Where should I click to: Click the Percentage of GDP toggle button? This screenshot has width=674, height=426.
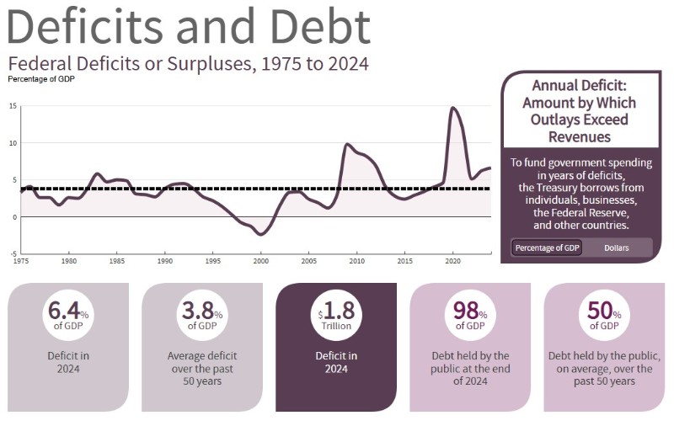pos(546,248)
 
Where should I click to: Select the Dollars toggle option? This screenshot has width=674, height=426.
pos(617,248)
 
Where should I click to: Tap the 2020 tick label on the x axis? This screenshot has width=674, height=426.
pos(452,260)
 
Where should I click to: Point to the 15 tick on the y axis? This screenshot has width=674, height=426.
pos(13,106)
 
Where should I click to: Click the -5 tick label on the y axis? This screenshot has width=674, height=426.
pos(13,253)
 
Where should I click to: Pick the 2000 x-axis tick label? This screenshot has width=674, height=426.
pos(260,260)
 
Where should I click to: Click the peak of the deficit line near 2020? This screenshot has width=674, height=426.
pos(452,108)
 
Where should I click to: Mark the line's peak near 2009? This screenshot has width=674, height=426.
pos(346,144)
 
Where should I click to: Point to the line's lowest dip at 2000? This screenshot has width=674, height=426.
pos(261,234)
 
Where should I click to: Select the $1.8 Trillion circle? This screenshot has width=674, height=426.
pos(336,312)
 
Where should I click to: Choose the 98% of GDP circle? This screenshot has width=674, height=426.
pos(470,312)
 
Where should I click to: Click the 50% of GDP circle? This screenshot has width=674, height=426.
pos(604,312)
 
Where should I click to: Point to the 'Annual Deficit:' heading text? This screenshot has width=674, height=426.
pos(580,86)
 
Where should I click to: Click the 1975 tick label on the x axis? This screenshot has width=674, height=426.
pos(21,260)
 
